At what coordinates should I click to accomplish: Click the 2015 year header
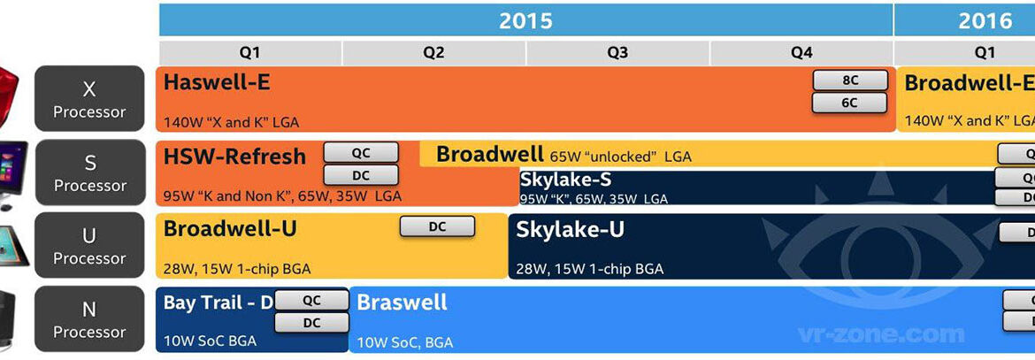point(525,20)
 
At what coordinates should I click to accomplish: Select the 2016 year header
point(985,20)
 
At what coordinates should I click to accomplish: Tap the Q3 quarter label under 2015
point(617,52)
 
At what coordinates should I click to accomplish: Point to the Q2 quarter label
point(433,52)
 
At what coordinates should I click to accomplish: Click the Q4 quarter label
point(801,52)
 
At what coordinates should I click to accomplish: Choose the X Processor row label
point(89,99)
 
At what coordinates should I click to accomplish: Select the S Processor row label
point(89,172)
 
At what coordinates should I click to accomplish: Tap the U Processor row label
point(89,246)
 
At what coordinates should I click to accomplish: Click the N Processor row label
point(89,319)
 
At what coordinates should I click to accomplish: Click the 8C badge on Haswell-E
point(849,80)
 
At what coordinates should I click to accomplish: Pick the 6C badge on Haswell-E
point(849,103)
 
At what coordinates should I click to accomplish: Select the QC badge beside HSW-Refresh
point(361,152)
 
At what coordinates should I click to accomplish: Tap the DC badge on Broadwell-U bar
point(437,226)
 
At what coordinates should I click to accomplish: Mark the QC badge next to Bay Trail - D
point(311,301)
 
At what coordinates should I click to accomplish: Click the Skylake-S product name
point(565,180)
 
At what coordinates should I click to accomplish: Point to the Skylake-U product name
point(571,230)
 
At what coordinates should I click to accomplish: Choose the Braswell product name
point(402,303)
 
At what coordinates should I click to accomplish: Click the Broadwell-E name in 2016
point(968,83)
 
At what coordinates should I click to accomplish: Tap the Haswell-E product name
point(217,83)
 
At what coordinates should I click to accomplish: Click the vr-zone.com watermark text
point(880,335)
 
